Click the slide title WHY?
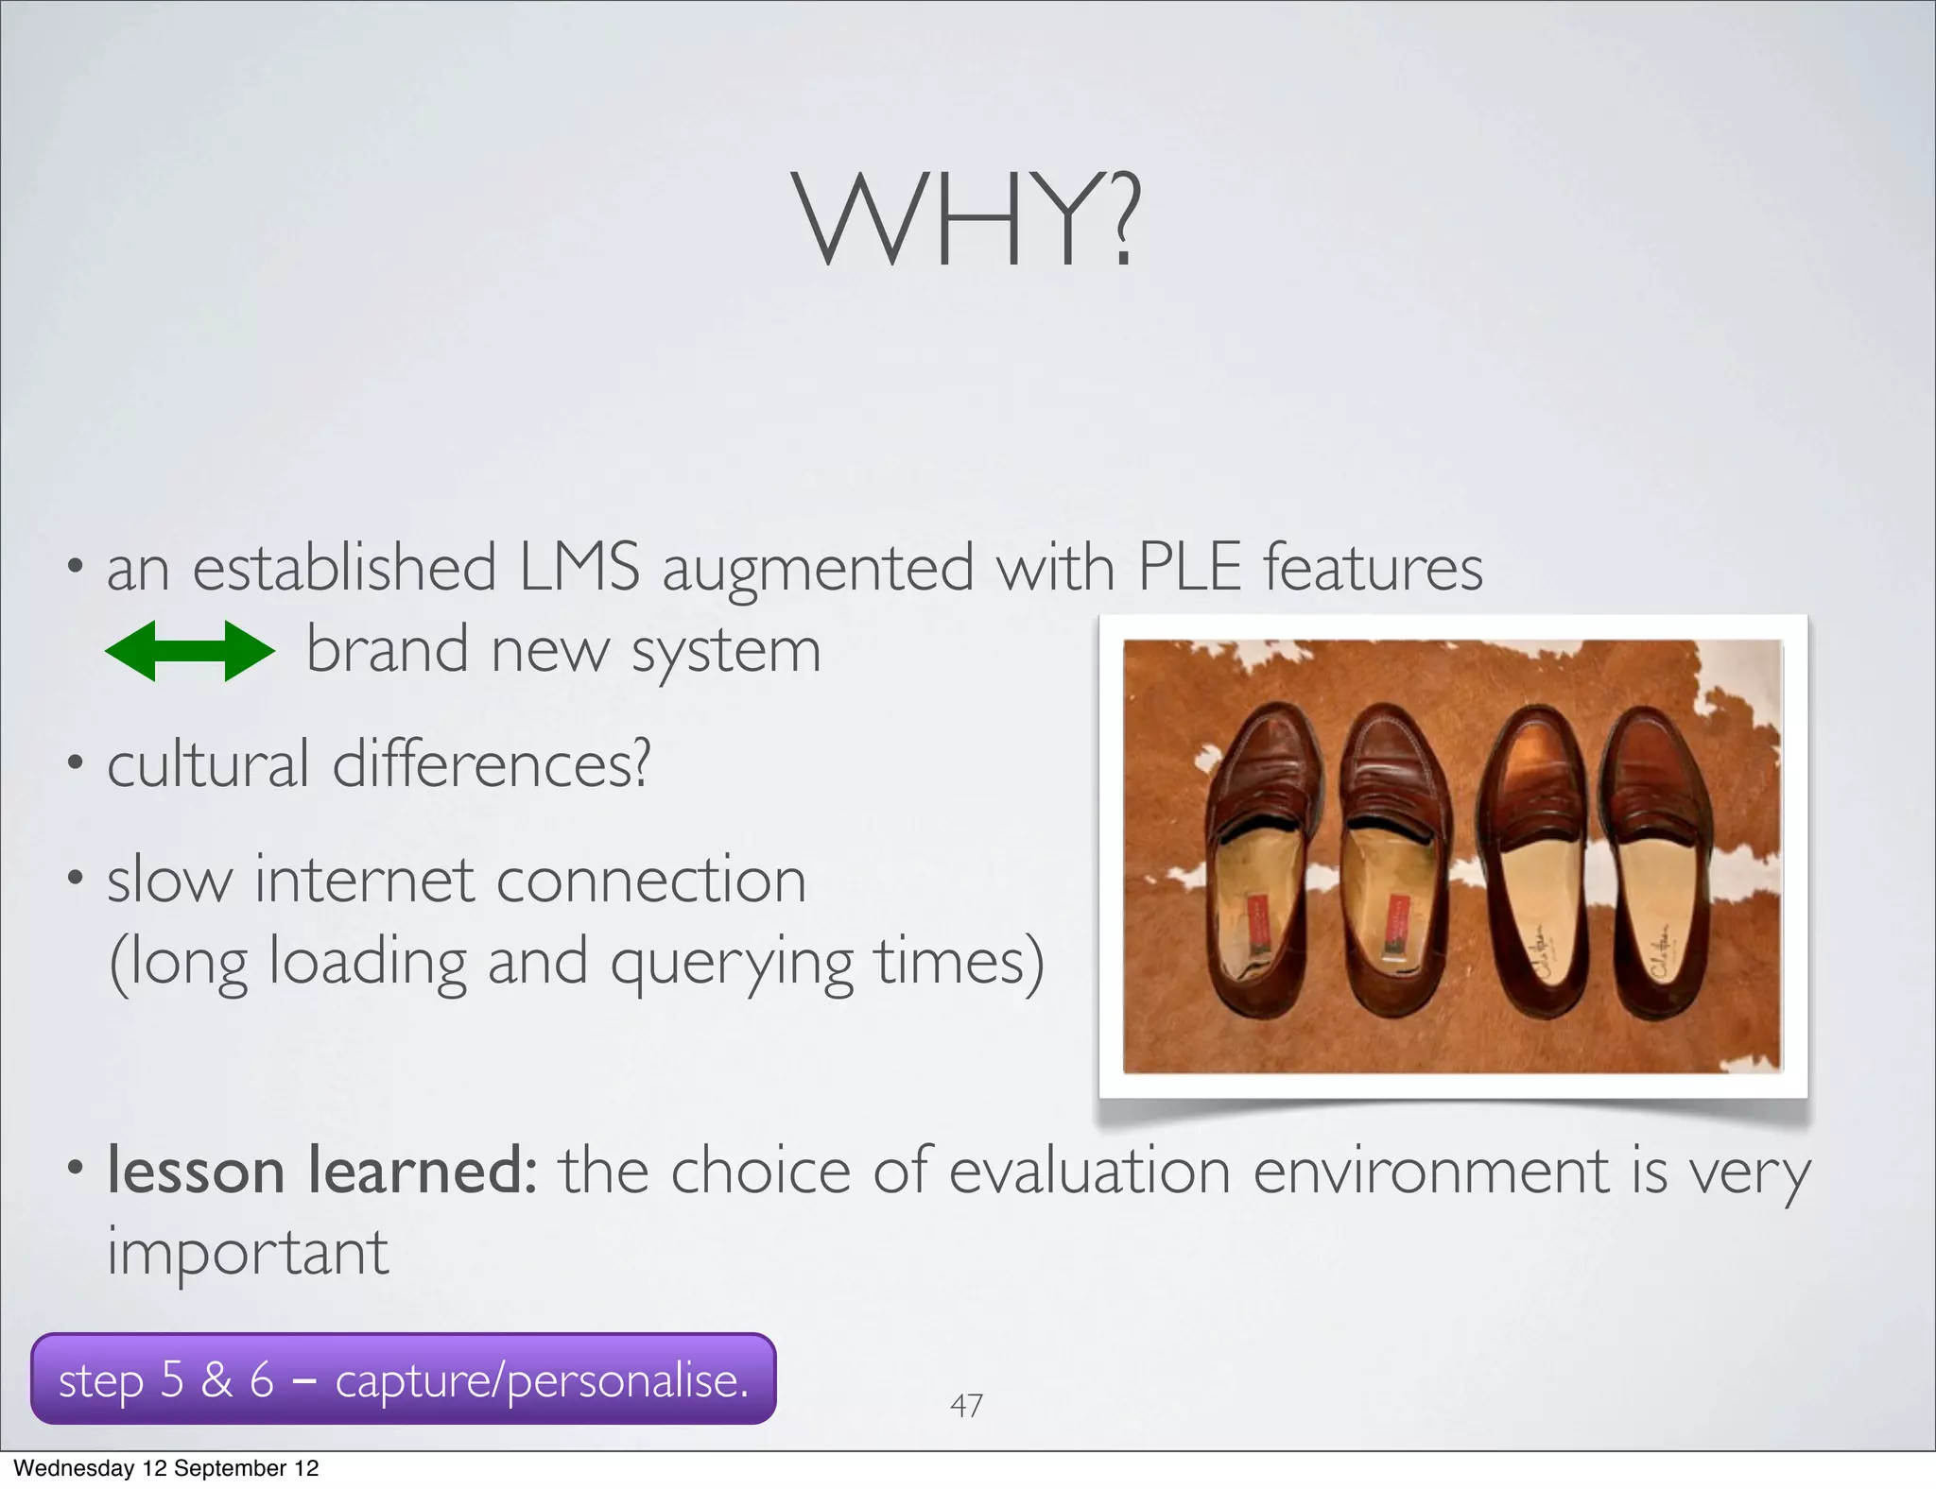(966, 219)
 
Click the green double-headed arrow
(189, 651)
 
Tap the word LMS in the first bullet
(579, 567)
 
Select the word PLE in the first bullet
(1189, 567)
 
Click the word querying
(731, 964)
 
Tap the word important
(248, 1253)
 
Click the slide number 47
(966, 1405)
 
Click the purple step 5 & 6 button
(404, 1379)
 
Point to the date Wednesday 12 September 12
(166, 1468)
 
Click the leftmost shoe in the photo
(1264, 860)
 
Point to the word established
(344, 567)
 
